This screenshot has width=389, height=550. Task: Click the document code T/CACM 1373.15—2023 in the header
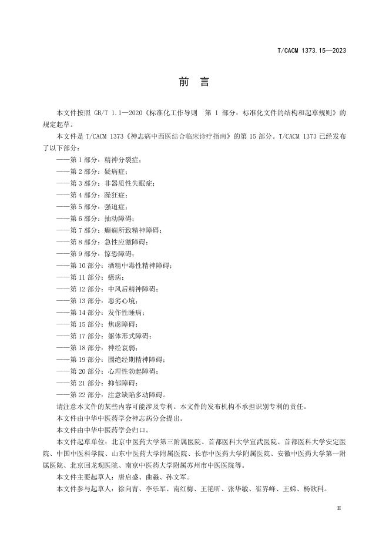[x=311, y=51]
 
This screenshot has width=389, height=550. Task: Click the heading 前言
[x=194, y=82]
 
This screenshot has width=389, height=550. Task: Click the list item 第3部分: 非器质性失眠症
[x=106, y=183]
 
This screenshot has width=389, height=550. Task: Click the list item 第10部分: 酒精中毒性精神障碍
[x=115, y=266]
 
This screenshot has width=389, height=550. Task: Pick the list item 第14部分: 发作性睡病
[x=100, y=313]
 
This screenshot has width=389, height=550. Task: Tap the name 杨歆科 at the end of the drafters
[x=313, y=489]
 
